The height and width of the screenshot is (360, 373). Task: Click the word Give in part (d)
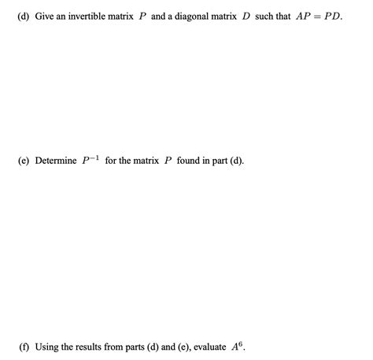[45, 17]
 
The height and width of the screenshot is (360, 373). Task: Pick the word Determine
[57, 161]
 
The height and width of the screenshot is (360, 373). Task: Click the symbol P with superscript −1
[90, 161]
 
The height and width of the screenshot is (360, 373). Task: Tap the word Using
[49, 347]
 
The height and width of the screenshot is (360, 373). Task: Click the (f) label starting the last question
[25, 347]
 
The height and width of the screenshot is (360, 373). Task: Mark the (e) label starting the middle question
[25, 161]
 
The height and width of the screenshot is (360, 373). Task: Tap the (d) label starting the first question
[25, 17]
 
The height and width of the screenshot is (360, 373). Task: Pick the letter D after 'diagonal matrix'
[246, 17]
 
